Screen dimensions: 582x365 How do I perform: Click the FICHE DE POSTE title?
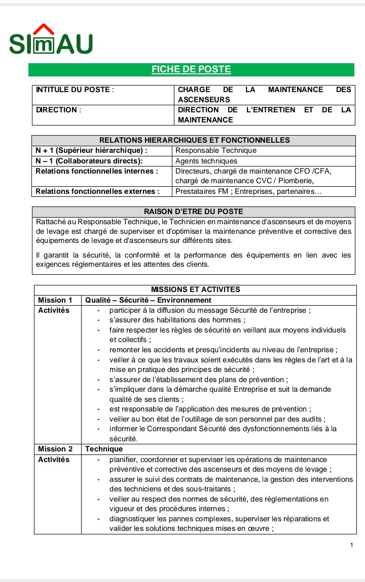coord(191,70)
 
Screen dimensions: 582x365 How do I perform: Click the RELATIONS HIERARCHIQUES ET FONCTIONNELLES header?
coord(194,140)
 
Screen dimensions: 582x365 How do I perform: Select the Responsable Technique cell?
coord(216,150)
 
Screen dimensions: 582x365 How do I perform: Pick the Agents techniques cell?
coord(206,161)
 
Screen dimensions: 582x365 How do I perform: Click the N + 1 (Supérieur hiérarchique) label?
coord(91,150)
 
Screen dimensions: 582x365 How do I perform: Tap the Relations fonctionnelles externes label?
coord(97,191)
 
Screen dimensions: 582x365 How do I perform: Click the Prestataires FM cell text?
coord(248,191)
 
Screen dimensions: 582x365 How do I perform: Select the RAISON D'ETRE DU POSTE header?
coord(194,212)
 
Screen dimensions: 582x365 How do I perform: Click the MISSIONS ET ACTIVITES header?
coord(195,289)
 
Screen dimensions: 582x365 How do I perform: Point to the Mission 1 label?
coord(55,300)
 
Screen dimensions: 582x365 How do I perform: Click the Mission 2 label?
coord(55,449)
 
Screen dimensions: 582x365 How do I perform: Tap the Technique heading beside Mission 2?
coord(104,449)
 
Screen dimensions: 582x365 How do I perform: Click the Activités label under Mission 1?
coord(54,310)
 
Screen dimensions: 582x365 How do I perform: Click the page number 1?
coord(351,545)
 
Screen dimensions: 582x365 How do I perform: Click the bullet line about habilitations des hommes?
coord(177,320)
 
